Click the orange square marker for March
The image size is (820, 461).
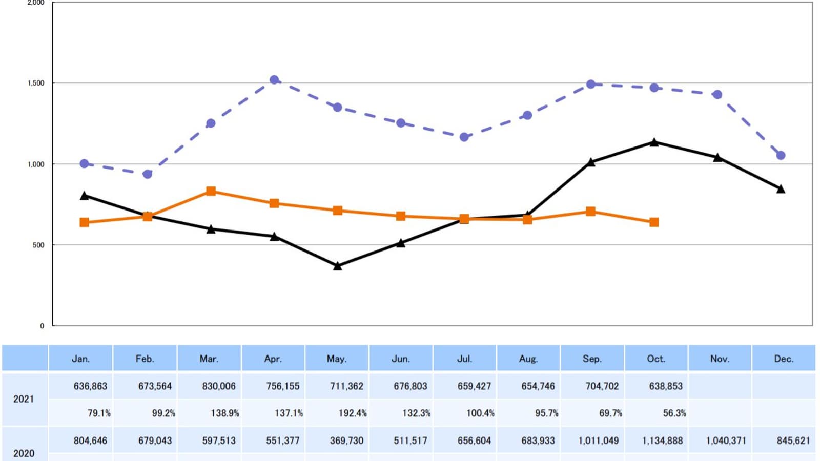(x=211, y=191)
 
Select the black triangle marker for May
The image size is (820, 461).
(x=337, y=266)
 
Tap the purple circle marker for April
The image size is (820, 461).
(x=274, y=80)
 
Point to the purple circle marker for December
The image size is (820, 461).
(x=781, y=155)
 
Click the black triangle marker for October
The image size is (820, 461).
(x=654, y=142)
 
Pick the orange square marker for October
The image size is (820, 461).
(x=654, y=222)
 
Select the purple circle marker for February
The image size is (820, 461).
(x=148, y=174)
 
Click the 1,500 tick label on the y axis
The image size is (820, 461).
(x=36, y=83)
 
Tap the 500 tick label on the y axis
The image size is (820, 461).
(x=39, y=245)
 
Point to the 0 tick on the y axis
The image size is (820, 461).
(x=42, y=325)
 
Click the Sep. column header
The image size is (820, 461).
(x=592, y=359)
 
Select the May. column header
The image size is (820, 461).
(x=337, y=359)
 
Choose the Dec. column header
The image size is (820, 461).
(x=784, y=359)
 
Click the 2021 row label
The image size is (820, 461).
(x=24, y=399)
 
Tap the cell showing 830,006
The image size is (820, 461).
(x=219, y=386)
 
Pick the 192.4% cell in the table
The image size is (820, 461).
(x=353, y=413)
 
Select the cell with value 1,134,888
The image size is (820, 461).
(x=662, y=441)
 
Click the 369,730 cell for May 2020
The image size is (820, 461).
(x=346, y=441)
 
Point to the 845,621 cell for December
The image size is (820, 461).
(x=793, y=441)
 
